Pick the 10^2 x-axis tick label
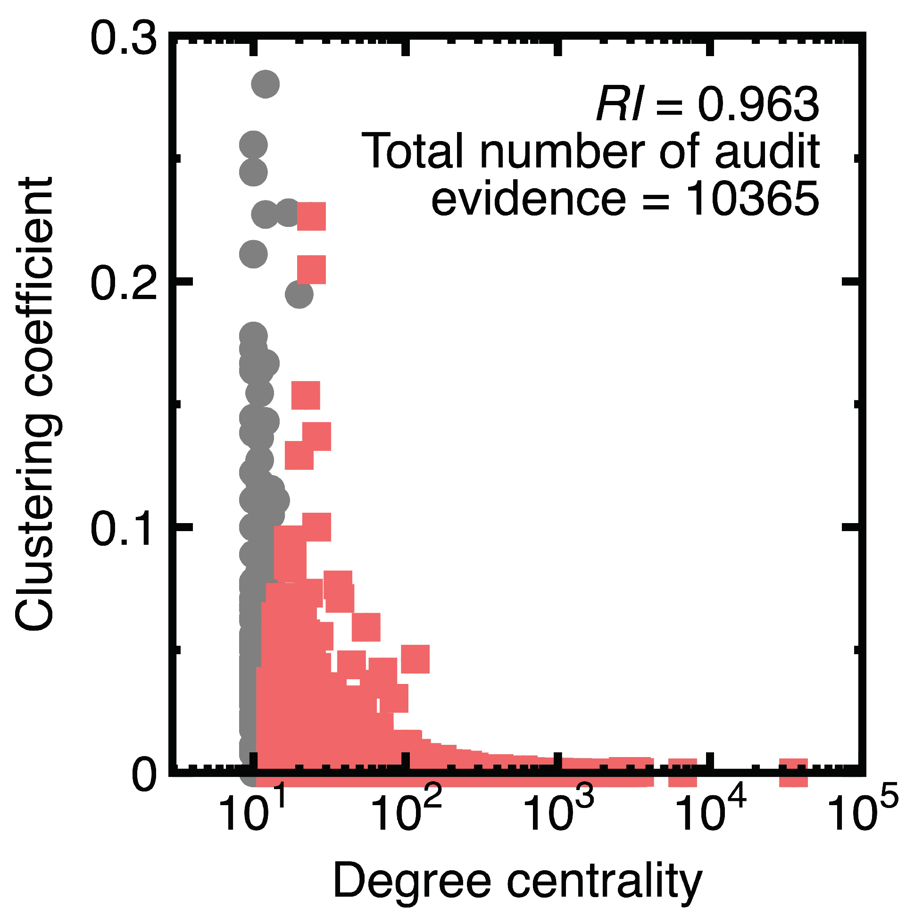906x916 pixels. (x=407, y=812)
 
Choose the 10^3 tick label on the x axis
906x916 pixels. (x=559, y=812)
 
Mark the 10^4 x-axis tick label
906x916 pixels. (x=711, y=812)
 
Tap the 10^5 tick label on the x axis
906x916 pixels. (x=863, y=812)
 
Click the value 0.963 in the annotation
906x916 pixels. (x=758, y=104)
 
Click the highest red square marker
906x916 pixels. (x=311, y=216)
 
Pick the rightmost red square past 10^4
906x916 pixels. (x=793, y=772)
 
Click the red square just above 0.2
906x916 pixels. (x=311, y=269)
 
